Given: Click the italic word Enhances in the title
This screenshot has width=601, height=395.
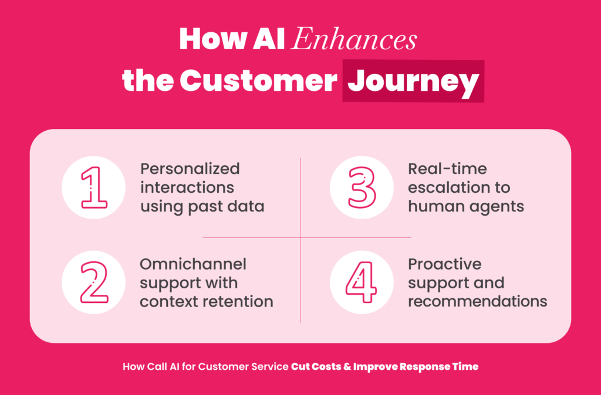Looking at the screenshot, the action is (x=353, y=39).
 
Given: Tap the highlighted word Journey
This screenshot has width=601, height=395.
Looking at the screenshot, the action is (x=413, y=81).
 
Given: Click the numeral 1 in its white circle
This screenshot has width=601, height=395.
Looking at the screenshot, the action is (x=93, y=188).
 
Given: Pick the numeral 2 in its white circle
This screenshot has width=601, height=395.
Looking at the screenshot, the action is (x=93, y=282).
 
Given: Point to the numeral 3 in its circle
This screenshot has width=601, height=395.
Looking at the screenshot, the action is (x=362, y=188).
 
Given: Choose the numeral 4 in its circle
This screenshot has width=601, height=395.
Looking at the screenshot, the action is (x=362, y=282).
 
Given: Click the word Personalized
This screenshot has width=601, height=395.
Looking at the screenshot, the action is (x=190, y=169).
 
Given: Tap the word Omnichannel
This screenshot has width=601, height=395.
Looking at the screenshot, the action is (x=193, y=264).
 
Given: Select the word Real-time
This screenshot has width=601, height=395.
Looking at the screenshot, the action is (x=447, y=169).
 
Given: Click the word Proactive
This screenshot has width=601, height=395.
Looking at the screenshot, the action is (x=445, y=264).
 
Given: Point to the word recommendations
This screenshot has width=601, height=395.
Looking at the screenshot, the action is (x=478, y=302).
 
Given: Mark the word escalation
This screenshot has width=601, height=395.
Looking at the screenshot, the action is (x=444, y=188).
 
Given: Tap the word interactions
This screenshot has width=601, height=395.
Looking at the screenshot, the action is (x=187, y=188).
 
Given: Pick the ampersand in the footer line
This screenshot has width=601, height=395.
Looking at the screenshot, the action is (x=347, y=367).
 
